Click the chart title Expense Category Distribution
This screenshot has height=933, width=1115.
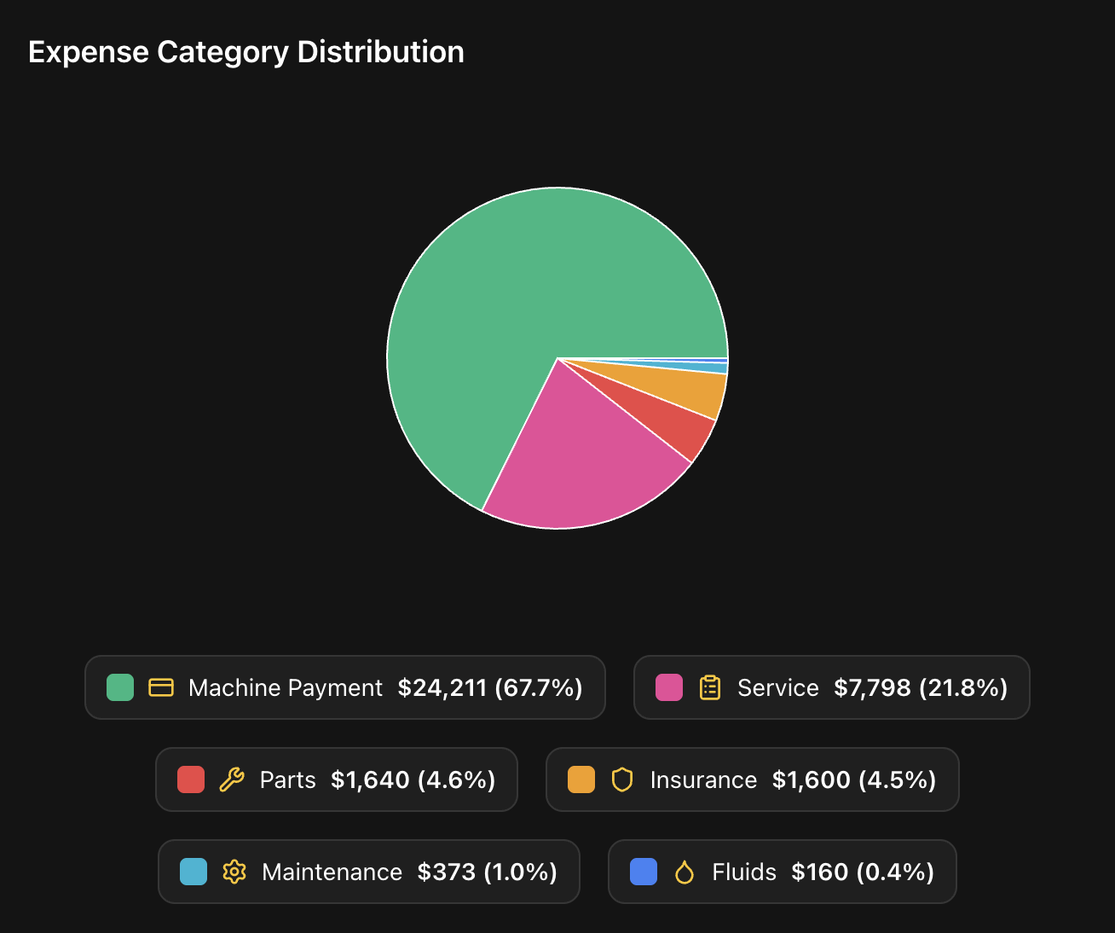(x=246, y=52)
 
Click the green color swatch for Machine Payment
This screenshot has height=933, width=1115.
(x=120, y=687)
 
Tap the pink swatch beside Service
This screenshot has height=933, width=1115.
(x=669, y=687)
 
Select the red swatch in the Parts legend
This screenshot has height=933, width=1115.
(x=191, y=779)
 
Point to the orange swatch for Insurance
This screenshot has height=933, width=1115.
(x=581, y=779)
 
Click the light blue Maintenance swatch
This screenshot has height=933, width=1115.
(x=194, y=872)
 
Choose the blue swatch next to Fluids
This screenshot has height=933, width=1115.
(x=644, y=872)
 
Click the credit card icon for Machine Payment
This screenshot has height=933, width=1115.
(x=161, y=687)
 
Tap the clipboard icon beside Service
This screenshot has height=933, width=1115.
(x=710, y=687)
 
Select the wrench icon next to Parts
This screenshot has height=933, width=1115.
(x=232, y=779)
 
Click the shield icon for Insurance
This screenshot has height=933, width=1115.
(x=622, y=779)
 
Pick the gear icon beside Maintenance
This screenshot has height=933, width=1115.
(x=234, y=872)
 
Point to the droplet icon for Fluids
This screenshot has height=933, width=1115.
(x=685, y=872)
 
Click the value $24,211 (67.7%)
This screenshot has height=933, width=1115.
(x=490, y=687)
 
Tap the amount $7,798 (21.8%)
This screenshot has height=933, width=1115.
(x=921, y=687)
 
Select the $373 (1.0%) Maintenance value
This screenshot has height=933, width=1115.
(x=487, y=872)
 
